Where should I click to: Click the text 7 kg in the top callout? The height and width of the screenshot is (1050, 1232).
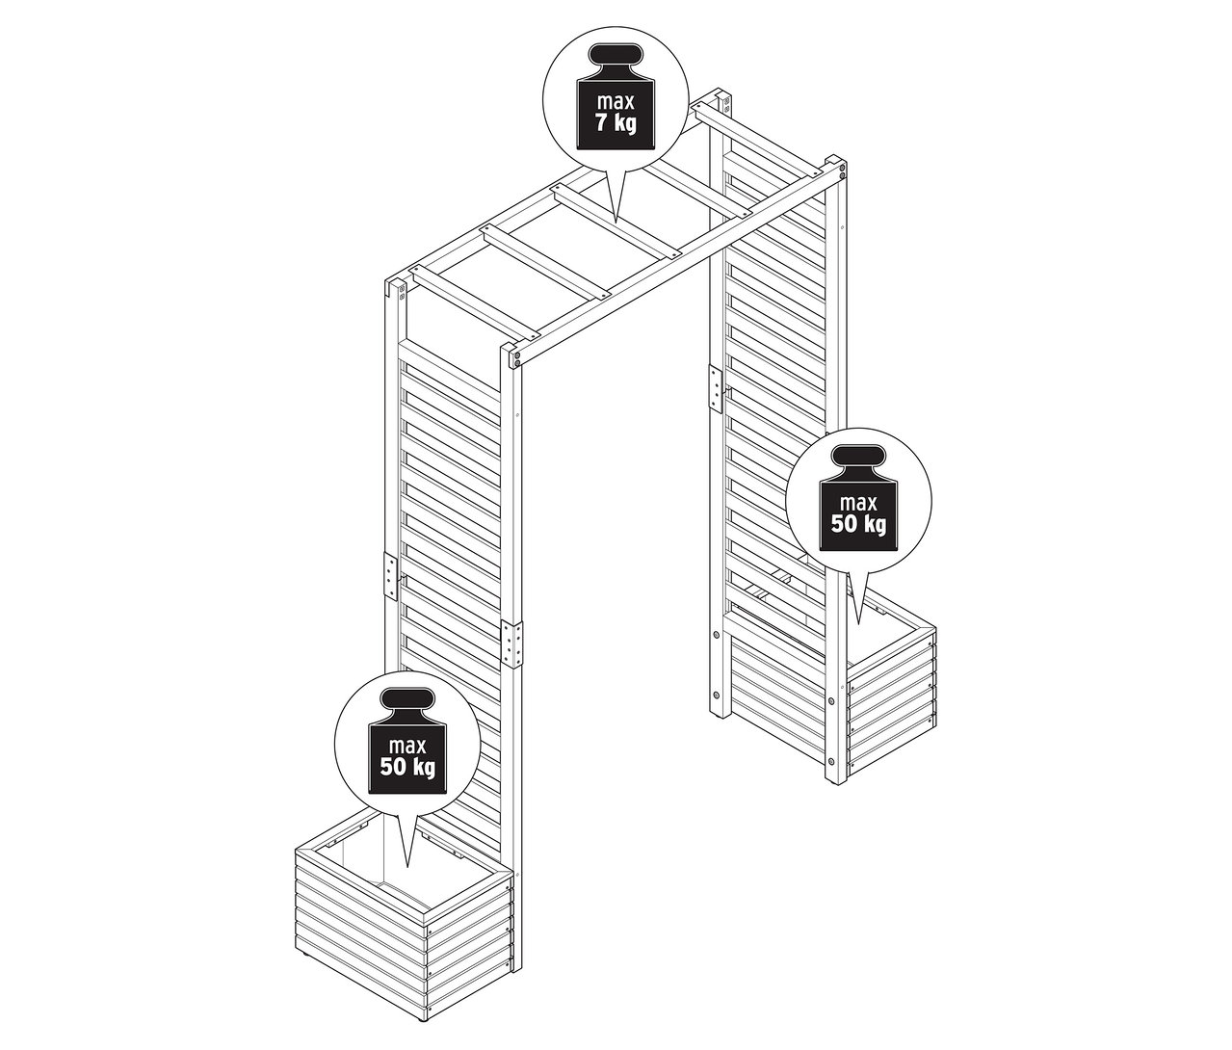click(x=616, y=124)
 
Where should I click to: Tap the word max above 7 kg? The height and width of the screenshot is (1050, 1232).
click(x=616, y=101)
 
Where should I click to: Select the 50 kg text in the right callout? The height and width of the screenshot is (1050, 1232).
click(x=858, y=524)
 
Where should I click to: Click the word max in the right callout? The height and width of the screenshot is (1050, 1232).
click(x=858, y=502)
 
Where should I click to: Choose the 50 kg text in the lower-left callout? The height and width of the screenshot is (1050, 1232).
click(x=407, y=768)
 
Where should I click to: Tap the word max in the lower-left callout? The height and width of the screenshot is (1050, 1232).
click(x=407, y=745)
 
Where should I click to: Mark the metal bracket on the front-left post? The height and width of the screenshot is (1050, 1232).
click(x=513, y=643)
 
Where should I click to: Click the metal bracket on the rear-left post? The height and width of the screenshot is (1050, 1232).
click(x=390, y=577)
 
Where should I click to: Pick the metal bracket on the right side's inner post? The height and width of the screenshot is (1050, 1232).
click(x=715, y=387)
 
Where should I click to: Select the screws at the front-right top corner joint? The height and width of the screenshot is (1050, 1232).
click(x=841, y=171)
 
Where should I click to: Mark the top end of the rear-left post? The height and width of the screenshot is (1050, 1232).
click(x=395, y=287)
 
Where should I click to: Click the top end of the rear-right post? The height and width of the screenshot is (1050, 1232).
click(x=723, y=99)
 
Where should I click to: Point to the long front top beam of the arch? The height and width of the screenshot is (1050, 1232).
click(x=674, y=260)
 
